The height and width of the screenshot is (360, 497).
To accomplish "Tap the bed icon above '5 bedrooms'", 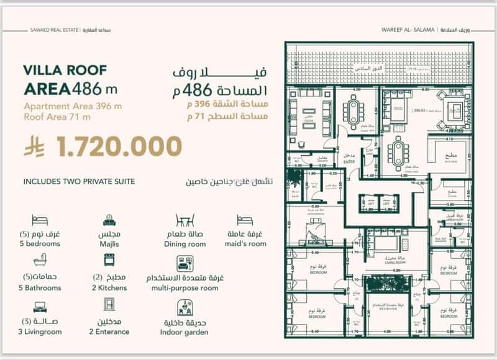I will pyautogui.click(x=40, y=220).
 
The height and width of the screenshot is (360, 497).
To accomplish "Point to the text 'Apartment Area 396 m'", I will pyautogui.click(x=73, y=106).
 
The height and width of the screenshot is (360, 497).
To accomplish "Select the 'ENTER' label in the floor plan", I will pyautogui.click(x=348, y=161).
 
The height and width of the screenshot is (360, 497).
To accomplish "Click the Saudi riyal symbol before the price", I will pyautogui.click(x=33, y=148).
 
